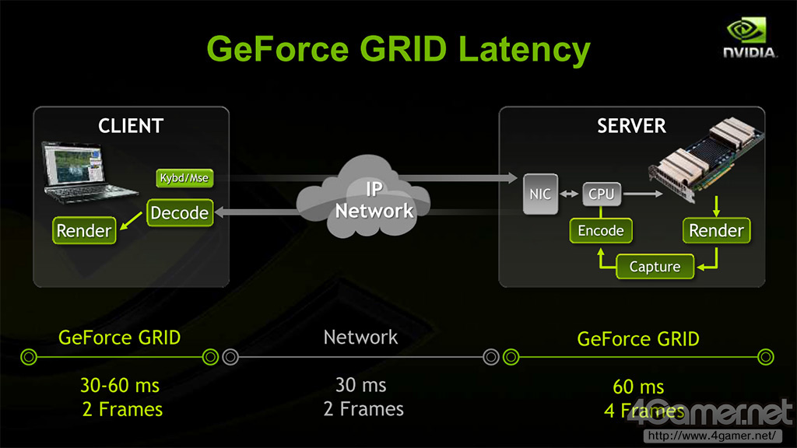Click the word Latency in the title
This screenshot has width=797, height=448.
click(x=524, y=48)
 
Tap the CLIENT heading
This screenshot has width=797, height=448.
click(x=131, y=125)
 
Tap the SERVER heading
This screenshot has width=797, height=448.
click(x=631, y=125)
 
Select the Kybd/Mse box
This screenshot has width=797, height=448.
click(x=184, y=178)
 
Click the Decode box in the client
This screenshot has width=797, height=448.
click(x=179, y=212)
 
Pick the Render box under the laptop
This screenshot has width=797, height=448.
click(x=84, y=230)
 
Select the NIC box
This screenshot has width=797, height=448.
click(x=540, y=194)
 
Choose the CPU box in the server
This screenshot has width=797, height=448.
click(x=601, y=194)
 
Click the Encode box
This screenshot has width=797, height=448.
click(x=600, y=230)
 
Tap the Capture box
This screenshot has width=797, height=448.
click(x=654, y=267)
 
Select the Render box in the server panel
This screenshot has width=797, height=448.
click(x=716, y=230)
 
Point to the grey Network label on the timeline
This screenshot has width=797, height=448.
click(x=360, y=337)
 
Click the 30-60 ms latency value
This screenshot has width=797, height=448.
click(x=121, y=386)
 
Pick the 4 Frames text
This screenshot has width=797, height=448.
click(x=643, y=410)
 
